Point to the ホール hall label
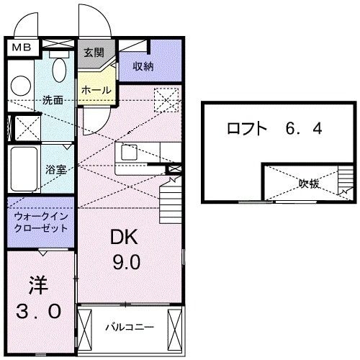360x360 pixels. (96, 90)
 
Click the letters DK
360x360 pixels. (125, 237)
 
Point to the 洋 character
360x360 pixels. (38, 284)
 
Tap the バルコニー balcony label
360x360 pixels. (129, 326)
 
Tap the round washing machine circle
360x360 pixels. (19, 85)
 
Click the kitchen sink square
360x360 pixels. (130, 153)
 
